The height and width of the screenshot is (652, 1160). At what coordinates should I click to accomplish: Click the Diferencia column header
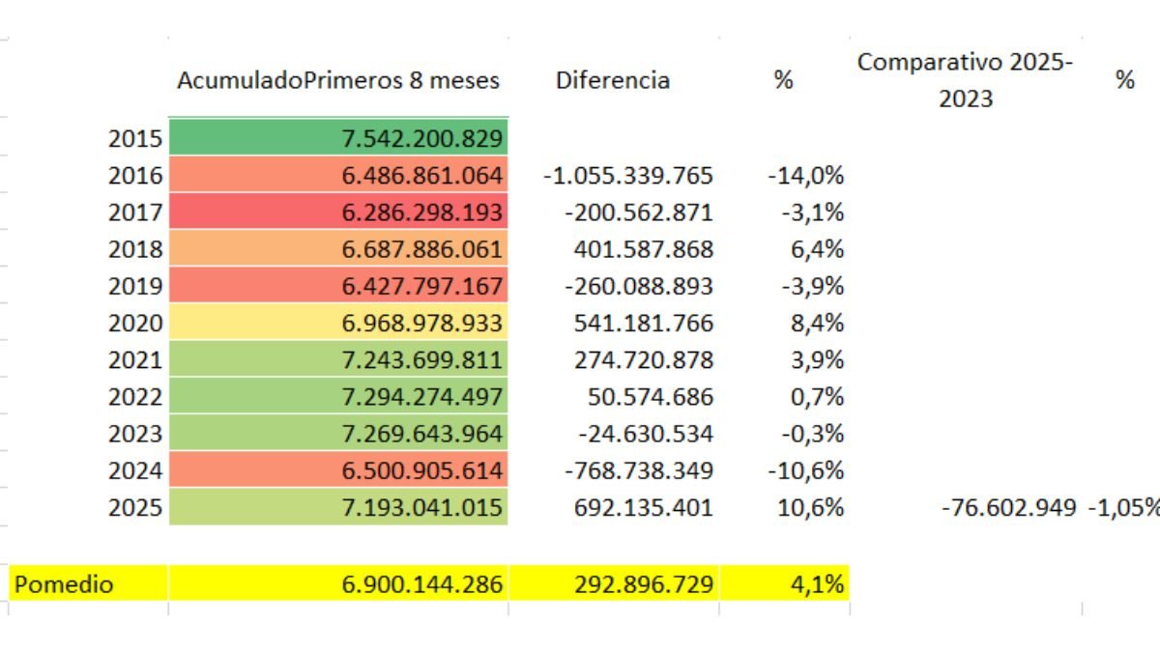pos(612,80)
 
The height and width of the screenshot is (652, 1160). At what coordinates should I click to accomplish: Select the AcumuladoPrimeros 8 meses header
pos(337,80)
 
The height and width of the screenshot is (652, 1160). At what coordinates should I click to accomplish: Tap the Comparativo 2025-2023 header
pos(965,80)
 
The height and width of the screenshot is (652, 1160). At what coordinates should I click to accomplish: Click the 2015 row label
pos(135,139)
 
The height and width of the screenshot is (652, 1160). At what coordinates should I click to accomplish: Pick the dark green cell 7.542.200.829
pos(422,139)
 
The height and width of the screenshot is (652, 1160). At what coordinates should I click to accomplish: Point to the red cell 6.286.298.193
pos(422,213)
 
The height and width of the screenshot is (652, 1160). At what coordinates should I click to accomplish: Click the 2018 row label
pos(135,249)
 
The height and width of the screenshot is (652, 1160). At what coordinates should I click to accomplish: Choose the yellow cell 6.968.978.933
pos(422,323)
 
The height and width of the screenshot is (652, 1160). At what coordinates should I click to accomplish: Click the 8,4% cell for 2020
pos(818,323)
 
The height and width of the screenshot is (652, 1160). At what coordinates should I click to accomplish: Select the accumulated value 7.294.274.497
pos(422,396)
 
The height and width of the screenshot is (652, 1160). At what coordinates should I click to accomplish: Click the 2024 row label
pos(135,470)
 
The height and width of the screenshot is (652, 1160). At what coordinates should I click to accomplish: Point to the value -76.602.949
pos(1008,507)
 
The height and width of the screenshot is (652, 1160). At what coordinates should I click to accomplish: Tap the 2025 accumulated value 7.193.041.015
pos(422,507)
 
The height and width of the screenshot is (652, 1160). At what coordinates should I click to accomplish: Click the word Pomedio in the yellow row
pos(63,583)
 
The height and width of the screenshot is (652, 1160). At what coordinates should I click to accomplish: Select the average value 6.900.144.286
pos(422,583)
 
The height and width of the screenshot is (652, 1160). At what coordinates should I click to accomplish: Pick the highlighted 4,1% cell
pos(818,583)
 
